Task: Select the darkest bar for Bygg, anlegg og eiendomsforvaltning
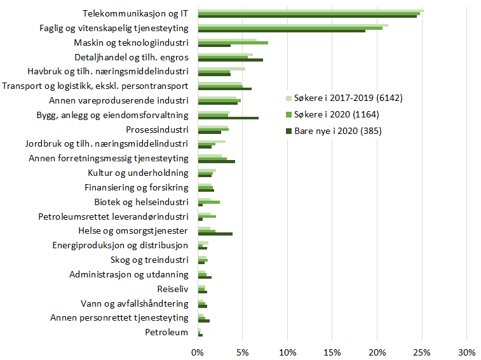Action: point(228,118)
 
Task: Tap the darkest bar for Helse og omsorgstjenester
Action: point(215,234)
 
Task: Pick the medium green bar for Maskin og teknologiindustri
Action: point(233,43)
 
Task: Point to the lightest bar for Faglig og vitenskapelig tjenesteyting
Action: point(292,25)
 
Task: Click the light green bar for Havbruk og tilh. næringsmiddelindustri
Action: point(221,69)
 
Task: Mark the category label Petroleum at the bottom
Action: point(166,332)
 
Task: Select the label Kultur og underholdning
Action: point(137,173)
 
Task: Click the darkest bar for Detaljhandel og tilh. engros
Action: point(230,60)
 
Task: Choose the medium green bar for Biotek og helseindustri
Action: point(208,202)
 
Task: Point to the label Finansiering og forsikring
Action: point(136,187)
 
